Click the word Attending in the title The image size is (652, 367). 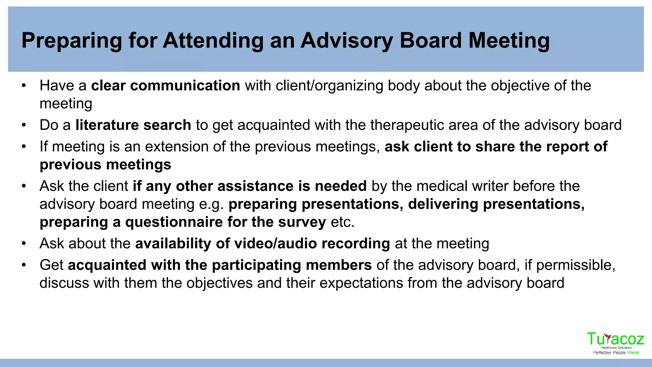tap(213, 41)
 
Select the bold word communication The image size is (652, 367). tap(185, 86)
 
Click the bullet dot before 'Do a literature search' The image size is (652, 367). tap(24, 125)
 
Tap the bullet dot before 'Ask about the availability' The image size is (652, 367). tap(24, 244)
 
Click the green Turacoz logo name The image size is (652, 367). tap(615, 339)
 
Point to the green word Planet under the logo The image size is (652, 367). tap(633, 353)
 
